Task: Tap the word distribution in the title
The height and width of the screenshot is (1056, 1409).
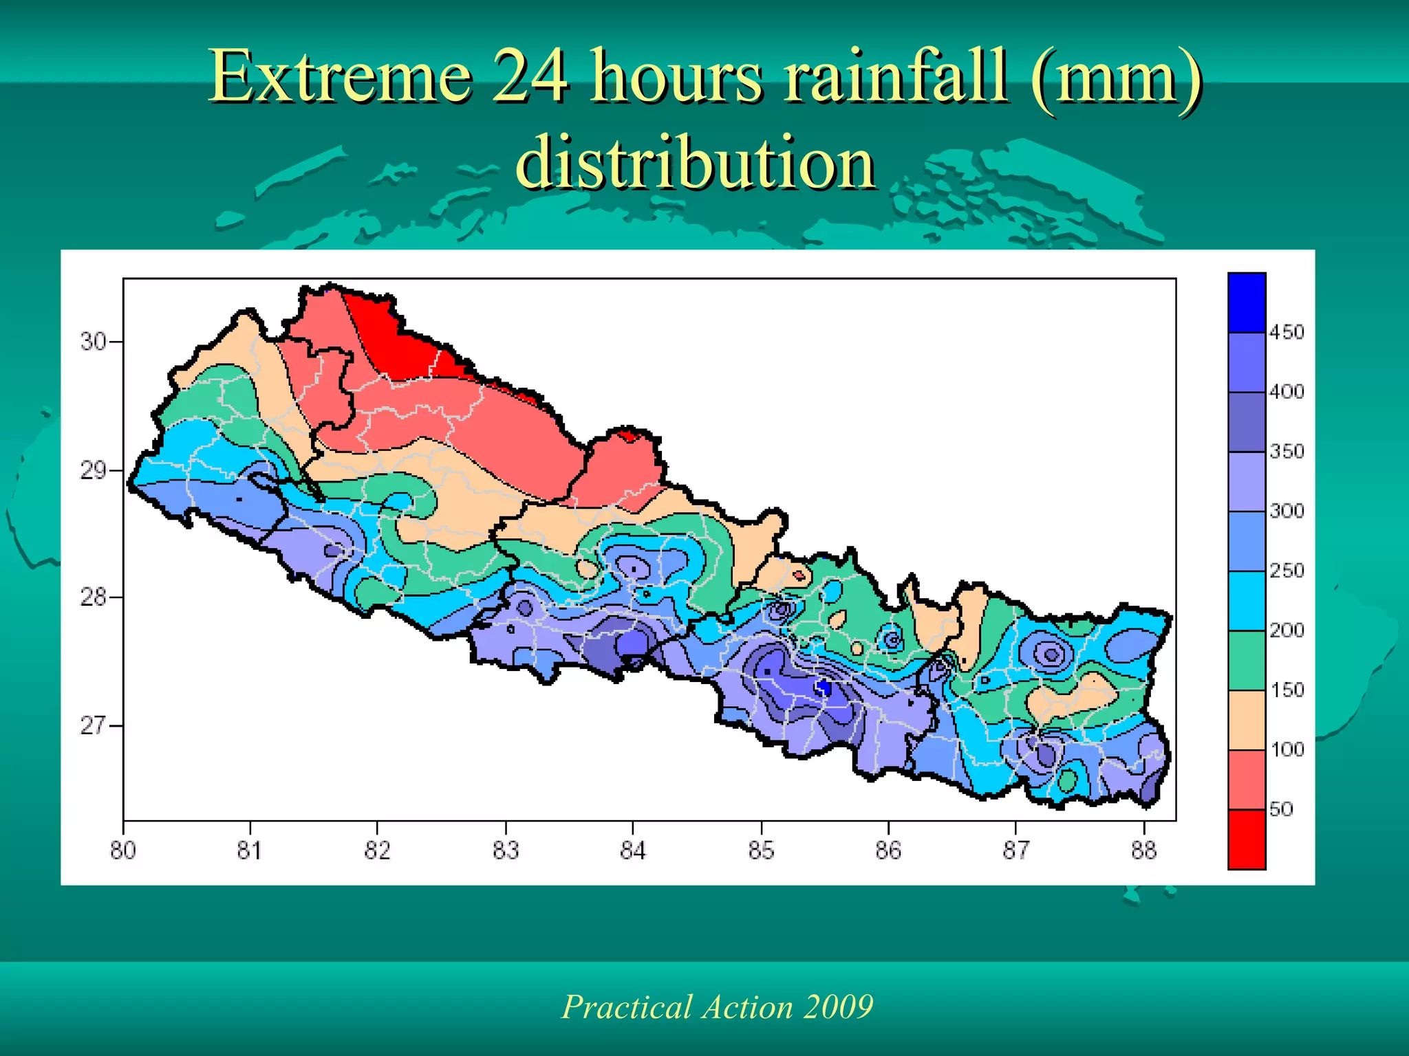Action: [x=696, y=162]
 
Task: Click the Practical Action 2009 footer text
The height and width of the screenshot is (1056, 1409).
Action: [x=718, y=1006]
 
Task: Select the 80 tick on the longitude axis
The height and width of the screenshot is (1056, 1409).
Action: [x=123, y=850]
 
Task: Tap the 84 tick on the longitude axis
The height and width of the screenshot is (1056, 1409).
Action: [x=633, y=850]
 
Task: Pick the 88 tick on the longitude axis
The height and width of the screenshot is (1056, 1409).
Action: [x=1144, y=850]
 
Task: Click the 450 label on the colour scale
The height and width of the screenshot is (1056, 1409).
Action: [x=1287, y=333]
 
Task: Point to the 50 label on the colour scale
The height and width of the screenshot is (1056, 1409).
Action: [x=1281, y=809]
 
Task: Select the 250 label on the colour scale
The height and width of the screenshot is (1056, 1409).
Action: [x=1287, y=571]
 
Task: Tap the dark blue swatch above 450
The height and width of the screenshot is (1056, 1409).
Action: [x=1247, y=302]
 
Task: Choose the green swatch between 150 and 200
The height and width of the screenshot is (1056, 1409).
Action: [x=1247, y=660]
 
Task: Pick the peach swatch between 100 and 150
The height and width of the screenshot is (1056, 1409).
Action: [x=1247, y=720]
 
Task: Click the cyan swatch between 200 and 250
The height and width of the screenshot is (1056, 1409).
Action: [x=1247, y=601]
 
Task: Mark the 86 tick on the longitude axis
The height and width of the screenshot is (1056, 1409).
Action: [x=888, y=850]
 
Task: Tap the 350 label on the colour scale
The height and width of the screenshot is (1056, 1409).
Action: [x=1287, y=452]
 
